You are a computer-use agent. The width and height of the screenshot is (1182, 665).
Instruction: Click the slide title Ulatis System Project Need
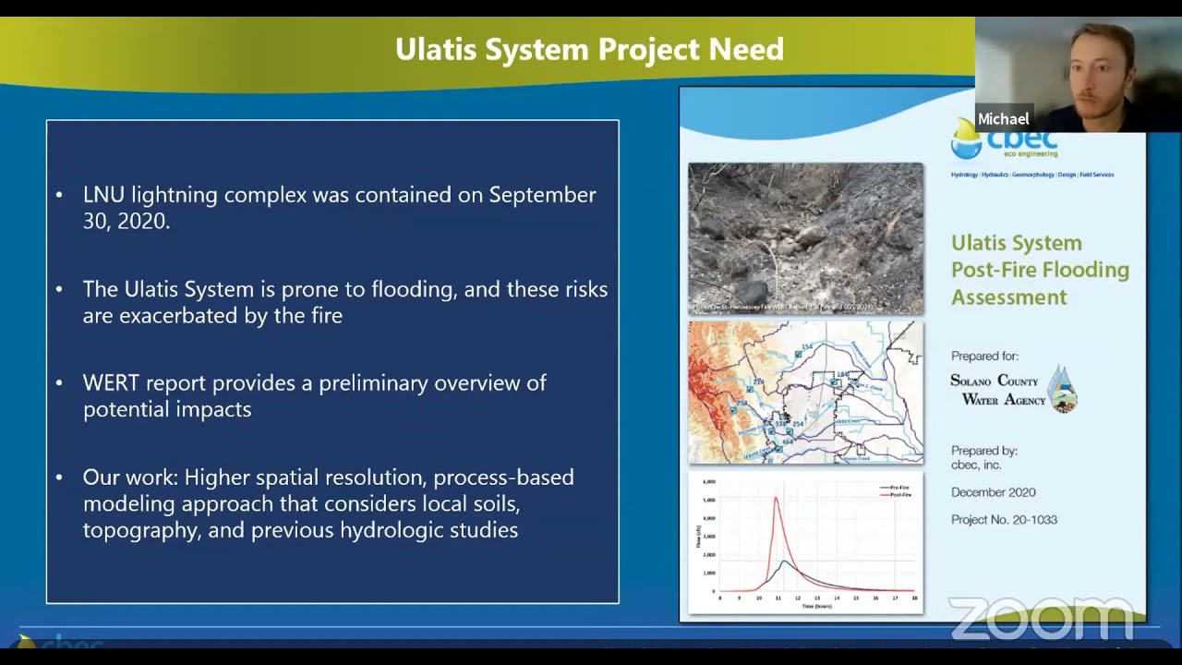coord(589,49)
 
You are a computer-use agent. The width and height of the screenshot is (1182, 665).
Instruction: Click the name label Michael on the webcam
coord(1003,119)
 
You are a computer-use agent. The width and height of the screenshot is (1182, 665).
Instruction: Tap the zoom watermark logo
coord(1040,618)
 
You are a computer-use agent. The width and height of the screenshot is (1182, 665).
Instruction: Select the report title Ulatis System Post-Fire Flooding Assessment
coord(1040,270)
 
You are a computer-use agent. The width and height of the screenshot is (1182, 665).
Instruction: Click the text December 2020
coord(993,492)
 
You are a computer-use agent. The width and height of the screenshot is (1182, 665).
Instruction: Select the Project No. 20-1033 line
coord(1004,519)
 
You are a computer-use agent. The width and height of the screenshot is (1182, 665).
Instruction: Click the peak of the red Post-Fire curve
coord(776,498)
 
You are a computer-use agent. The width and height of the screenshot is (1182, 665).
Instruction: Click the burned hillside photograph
coord(805,238)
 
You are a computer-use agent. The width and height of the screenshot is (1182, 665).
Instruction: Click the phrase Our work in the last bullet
coord(129,478)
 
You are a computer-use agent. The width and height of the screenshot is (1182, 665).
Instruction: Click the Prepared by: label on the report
coord(984,451)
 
